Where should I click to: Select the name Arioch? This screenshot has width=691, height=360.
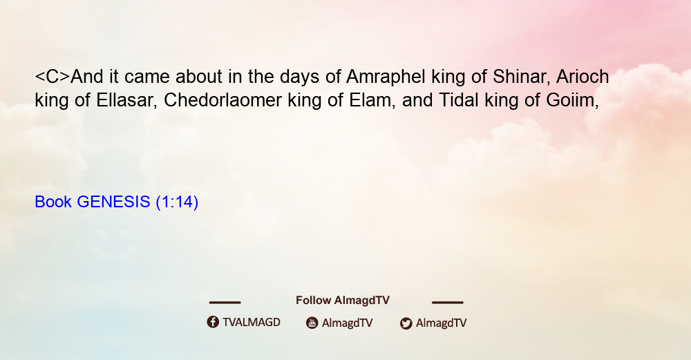point(583,77)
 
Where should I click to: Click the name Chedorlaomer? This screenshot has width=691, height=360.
point(223,100)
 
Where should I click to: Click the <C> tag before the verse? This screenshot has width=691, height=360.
point(53,77)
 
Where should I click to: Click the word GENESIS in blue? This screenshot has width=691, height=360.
point(114,202)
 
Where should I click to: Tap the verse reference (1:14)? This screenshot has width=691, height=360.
point(177,202)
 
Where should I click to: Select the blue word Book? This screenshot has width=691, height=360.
point(53,202)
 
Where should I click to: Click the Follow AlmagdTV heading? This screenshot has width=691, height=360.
point(343,300)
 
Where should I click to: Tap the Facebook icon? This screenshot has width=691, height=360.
point(213,322)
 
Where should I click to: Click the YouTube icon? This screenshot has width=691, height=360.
point(312,323)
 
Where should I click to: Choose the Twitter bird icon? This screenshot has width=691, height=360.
point(406,323)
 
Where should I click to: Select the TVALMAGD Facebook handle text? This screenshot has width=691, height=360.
point(252,322)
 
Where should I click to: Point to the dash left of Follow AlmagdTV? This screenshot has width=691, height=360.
point(225,303)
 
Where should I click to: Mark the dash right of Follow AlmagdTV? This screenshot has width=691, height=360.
point(448,303)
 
